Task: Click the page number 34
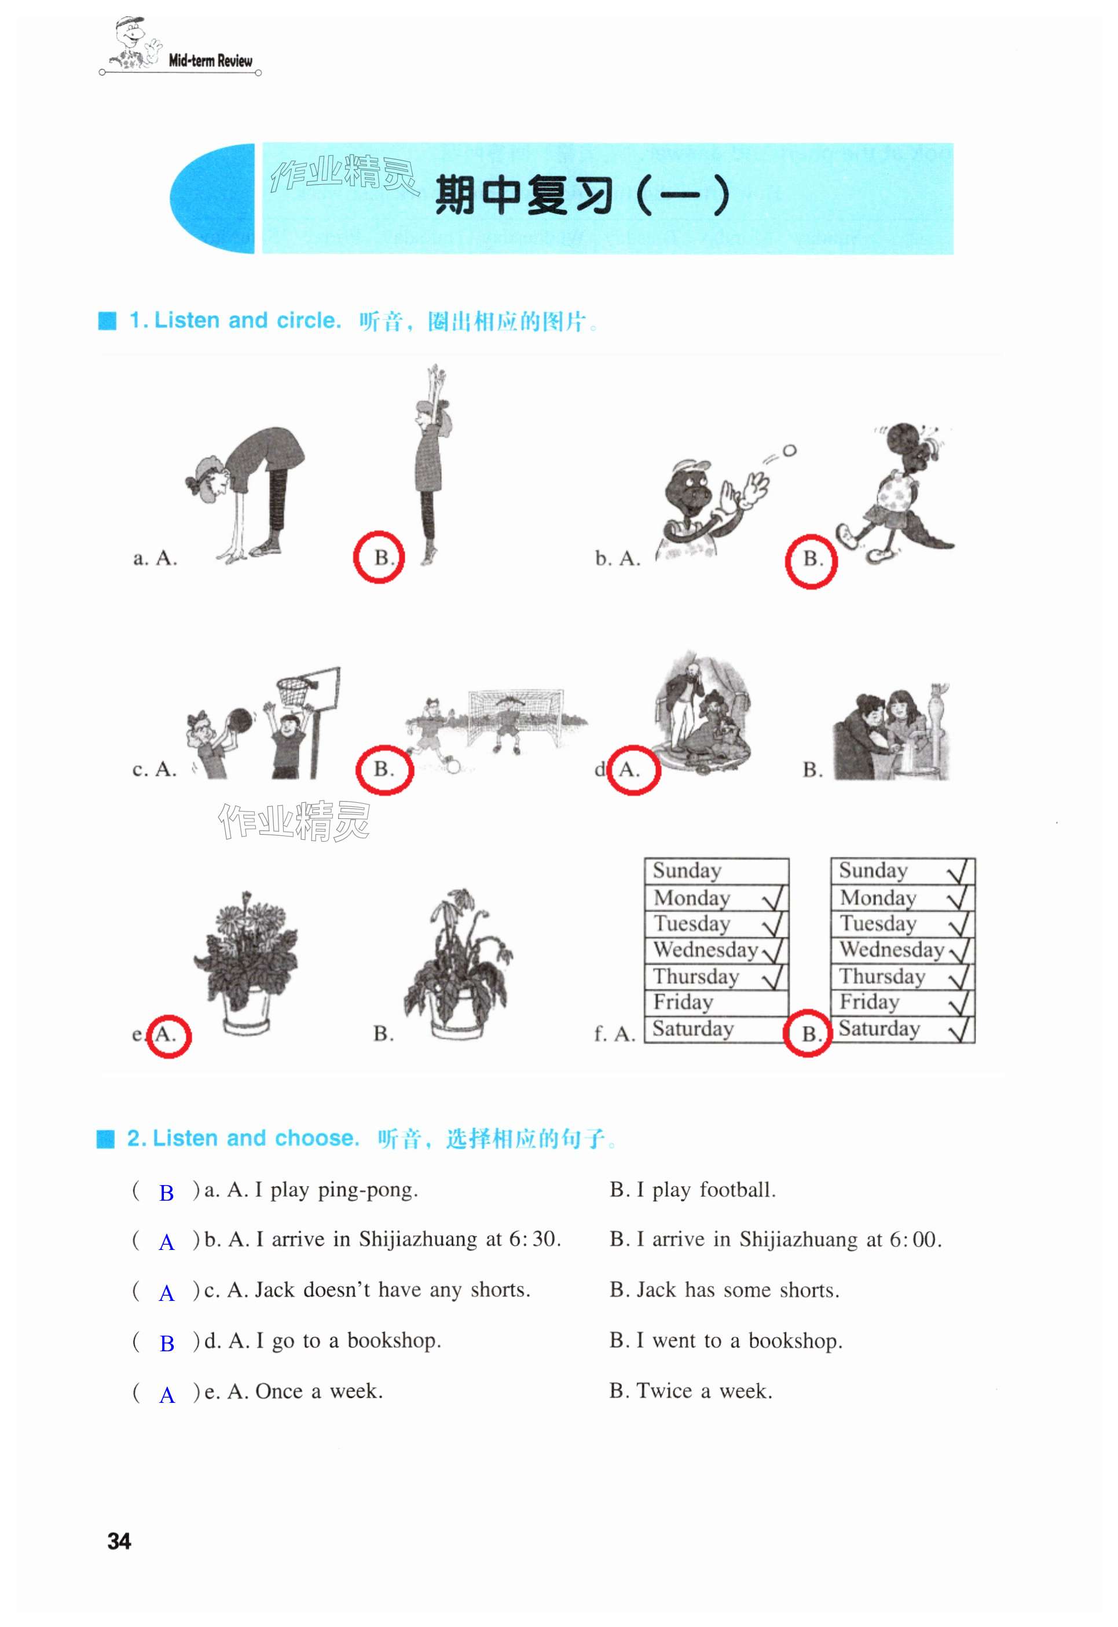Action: pyautogui.click(x=119, y=1541)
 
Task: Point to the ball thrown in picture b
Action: pyautogui.click(x=790, y=451)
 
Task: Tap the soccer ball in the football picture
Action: pyautogui.click(x=453, y=766)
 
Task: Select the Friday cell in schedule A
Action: pyautogui.click(x=717, y=1003)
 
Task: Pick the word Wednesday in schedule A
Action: pyautogui.click(x=705, y=949)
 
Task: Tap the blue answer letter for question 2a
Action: pyautogui.click(x=166, y=1193)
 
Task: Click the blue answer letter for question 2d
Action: pyautogui.click(x=167, y=1343)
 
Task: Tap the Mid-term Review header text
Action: pyautogui.click(x=210, y=60)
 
